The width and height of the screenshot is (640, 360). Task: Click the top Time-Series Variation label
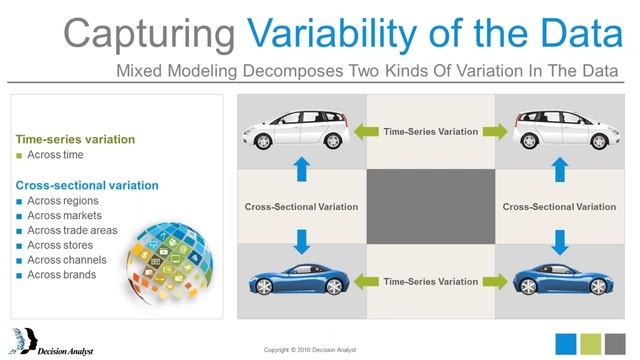[430, 132]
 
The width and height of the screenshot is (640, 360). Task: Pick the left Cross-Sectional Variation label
[301, 207]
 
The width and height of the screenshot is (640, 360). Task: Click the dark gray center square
[431, 206]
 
